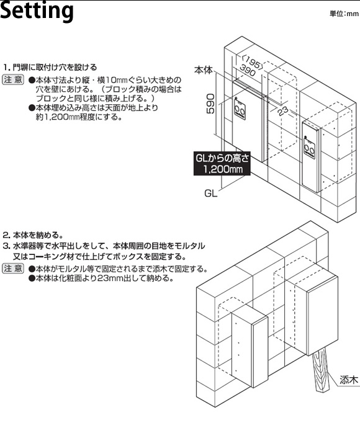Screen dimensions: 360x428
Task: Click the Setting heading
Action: coord(37,11)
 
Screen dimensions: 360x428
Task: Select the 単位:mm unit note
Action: coord(344,14)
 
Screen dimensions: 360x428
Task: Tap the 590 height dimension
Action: coord(210,104)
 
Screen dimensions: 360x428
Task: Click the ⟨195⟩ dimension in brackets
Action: coord(253,62)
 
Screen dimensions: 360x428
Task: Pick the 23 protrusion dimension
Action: coord(283,110)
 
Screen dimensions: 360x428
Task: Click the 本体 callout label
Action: coord(204,70)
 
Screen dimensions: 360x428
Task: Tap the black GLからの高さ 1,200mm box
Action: coord(222,163)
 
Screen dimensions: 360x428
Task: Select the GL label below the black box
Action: coord(211,194)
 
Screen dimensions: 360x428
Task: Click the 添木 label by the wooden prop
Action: coord(349,380)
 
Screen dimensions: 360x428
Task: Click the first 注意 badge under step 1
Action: coord(13,79)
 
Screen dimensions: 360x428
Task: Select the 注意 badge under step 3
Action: coord(13,269)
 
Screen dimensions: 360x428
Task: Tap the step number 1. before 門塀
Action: coord(7,67)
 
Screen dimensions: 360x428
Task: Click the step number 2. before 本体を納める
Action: coord(7,235)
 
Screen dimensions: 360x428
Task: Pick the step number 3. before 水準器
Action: coord(7,246)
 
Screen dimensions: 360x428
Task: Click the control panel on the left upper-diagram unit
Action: coord(240,109)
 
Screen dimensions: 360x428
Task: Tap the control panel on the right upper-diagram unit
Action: coord(310,148)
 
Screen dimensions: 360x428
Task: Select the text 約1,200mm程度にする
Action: coord(79,117)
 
